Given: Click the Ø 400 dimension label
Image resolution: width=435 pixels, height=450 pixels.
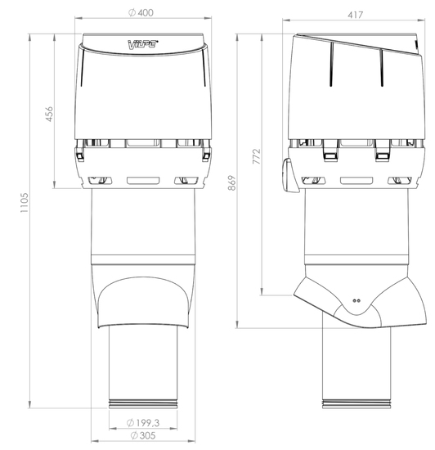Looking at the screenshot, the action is (141, 12).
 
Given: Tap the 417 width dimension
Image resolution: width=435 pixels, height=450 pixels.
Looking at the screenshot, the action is (356, 15).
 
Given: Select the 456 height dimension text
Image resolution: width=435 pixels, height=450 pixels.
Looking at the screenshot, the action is (49, 114).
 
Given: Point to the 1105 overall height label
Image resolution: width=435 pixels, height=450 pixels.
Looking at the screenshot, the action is (25, 203).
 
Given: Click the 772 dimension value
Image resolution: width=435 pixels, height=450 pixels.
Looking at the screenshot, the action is (257, 156).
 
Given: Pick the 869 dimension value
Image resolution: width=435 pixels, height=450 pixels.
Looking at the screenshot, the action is (231, 182).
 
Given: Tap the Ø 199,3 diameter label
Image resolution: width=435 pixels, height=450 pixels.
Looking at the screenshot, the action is (143, 423).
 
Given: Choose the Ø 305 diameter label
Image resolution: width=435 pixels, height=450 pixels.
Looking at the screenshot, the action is (143, 435).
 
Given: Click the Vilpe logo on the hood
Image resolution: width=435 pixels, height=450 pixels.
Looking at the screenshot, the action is (143, 44).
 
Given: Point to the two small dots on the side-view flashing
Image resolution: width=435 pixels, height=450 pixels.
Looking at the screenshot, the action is (357, 301).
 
